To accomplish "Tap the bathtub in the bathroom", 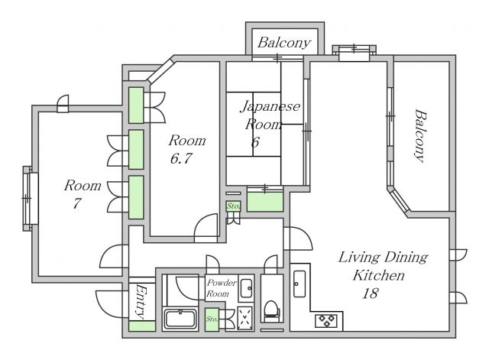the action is pos(180,319).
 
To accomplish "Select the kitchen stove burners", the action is pos(326,321).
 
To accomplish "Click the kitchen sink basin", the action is pos(300,284).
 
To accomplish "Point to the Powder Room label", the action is pos(222,288).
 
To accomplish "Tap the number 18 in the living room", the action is pos(370,294).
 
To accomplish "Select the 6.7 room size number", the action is pos(181,158).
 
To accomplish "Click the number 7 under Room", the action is pos(76,203).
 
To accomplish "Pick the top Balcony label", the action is pos(284,43).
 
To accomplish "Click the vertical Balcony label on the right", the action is pos(420,135).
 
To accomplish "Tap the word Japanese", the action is pos(270,106).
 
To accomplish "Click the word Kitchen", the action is pos(379,275).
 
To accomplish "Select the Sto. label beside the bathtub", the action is pos(212,319).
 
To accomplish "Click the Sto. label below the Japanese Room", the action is pos(233,206).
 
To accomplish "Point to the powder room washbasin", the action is pos(246,288).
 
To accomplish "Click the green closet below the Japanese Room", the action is pos(265,202).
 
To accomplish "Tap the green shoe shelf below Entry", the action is pos(142,326).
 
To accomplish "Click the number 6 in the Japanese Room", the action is pos(255,142).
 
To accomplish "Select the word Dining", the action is pos(406,258).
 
